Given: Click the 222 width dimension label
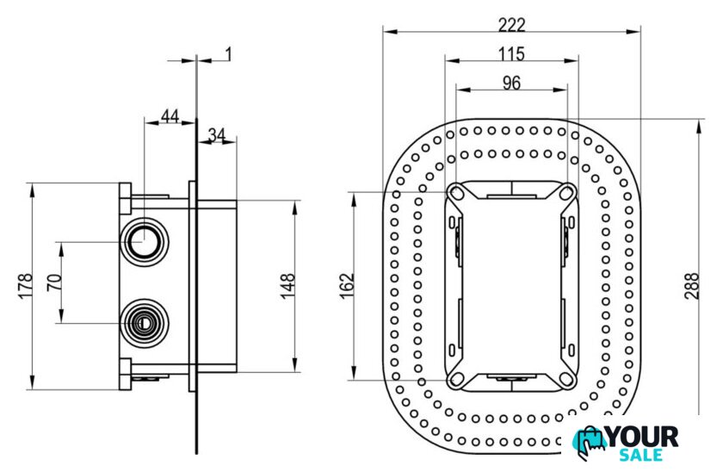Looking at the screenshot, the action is (511, 24).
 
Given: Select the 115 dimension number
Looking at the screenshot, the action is (511, 54).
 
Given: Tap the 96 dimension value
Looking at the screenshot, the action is (511, 83).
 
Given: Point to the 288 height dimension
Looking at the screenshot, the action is (692, 286).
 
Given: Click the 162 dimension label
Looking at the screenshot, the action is (347, 286).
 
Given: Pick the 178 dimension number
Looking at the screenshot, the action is (25, 286).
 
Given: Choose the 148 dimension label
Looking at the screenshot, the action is (287, 286).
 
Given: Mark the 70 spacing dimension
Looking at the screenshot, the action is (54, 283).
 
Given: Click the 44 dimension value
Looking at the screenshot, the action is (170, 115).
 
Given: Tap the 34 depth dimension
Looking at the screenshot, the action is (216, 134).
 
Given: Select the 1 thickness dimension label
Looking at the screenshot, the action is (228, 54).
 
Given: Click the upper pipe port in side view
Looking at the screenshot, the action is (144, 241).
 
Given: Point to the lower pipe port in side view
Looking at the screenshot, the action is (144, 323).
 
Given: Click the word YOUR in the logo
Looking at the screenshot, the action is (643, 437).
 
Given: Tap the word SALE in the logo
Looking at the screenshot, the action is (641, 455).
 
